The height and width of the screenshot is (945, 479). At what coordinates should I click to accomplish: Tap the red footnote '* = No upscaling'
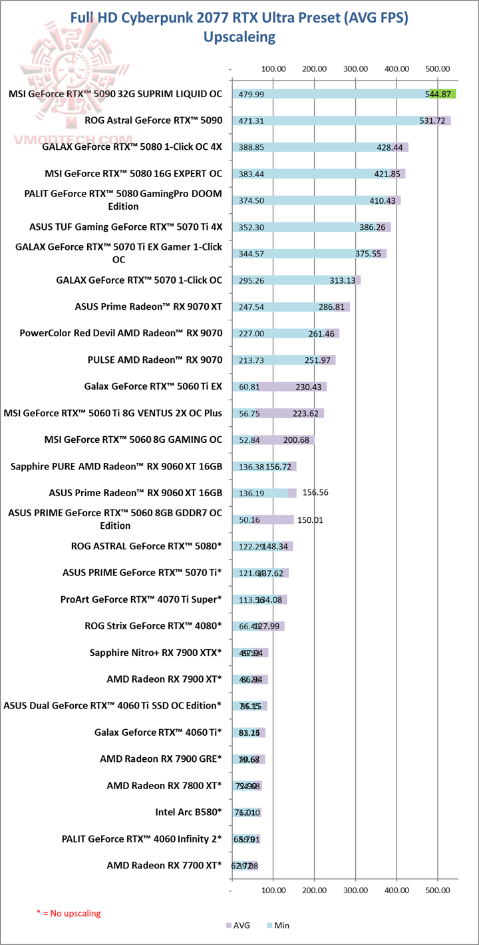69,913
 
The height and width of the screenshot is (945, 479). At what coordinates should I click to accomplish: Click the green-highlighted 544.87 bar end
442,95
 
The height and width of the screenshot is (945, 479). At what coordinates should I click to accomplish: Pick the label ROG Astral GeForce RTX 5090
153,121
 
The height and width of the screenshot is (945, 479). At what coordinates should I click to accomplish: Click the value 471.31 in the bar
251,121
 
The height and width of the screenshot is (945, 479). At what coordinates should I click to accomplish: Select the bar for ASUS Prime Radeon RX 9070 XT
291,307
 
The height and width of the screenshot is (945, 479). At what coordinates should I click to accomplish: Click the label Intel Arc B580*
188,812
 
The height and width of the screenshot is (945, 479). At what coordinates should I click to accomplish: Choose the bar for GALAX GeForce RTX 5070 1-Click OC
296,280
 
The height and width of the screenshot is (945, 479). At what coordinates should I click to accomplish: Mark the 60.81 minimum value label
249,387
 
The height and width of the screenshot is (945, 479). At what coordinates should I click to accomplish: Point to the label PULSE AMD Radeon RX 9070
154,360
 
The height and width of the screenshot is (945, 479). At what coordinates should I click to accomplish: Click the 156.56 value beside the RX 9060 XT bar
316,493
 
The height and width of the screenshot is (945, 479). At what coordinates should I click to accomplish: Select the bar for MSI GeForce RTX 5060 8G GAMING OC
273,440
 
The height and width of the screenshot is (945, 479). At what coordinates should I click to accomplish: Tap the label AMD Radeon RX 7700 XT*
164,865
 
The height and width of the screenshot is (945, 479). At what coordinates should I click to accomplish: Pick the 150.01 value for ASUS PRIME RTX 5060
309,520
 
